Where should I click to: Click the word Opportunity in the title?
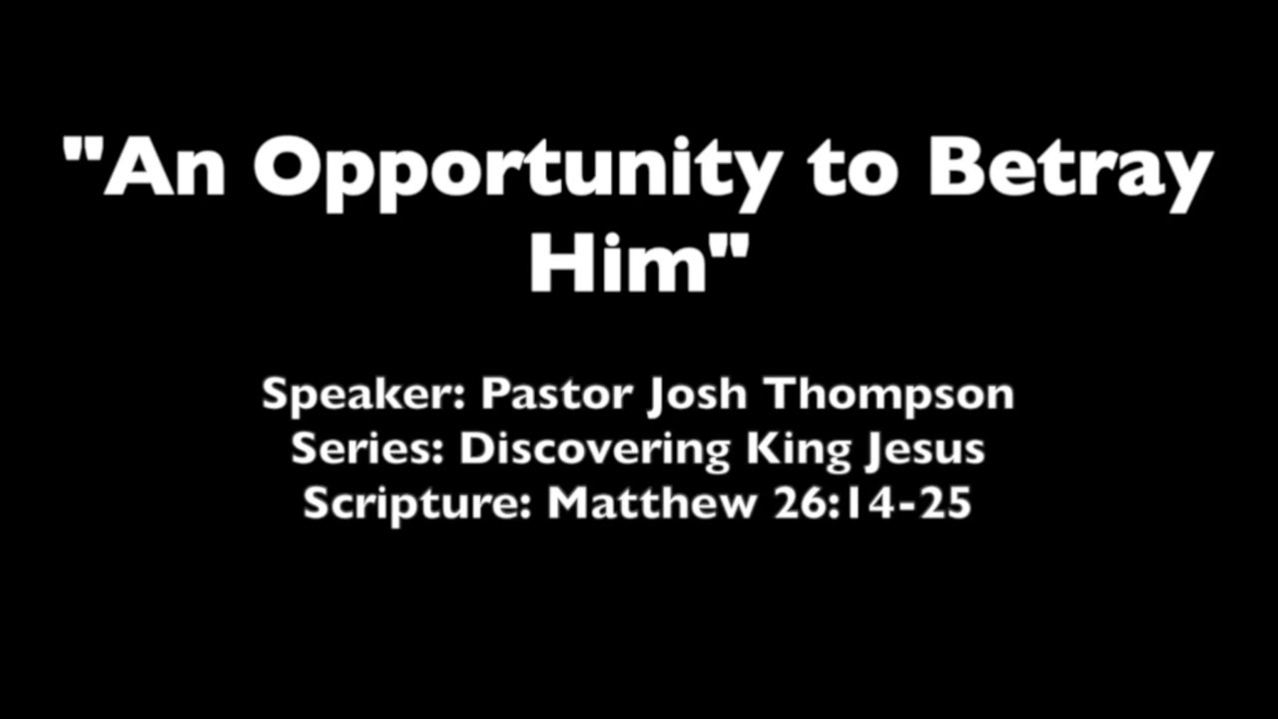click(514, 170)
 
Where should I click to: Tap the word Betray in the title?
click(1069, 170)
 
